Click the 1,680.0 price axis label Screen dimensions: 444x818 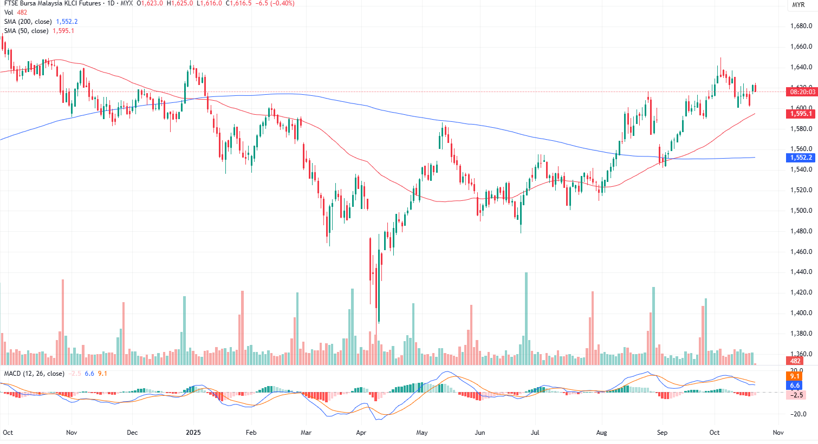tap(801, 26)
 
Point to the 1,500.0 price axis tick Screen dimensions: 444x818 tap(801, 211)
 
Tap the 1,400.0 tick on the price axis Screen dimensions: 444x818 tap(801, 313)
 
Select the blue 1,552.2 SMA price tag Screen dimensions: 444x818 tap(801, 158)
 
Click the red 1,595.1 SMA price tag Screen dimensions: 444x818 tap(801, 114)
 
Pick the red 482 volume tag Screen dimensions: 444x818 tap(795, 361)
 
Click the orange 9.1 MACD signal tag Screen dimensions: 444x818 tap(795, 376)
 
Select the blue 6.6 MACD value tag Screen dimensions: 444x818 tap(795, 386)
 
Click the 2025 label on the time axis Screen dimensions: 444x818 tap(193, 433)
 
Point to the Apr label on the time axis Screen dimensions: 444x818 tap(361, 433)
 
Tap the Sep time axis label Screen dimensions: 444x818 tap(662, 433)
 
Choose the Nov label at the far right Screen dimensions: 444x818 tap(778, 433)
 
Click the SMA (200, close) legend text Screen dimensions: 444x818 tap(28, 22)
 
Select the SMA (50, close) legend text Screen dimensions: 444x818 tap(27, 31)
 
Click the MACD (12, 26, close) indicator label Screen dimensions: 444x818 tap(34, 374)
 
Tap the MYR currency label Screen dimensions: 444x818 tap(798, 5)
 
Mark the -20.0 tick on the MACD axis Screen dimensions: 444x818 tap(796, 414)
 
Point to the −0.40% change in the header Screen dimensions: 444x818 tap(282, 3)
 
